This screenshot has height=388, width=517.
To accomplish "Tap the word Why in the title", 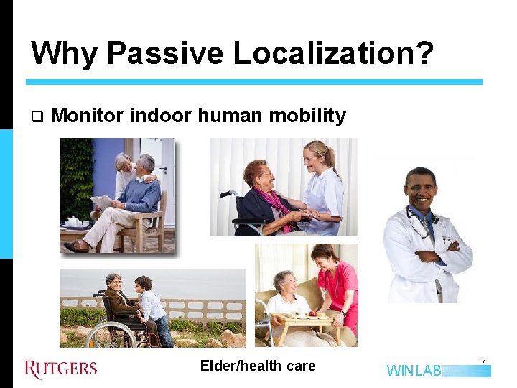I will tap(63, 53).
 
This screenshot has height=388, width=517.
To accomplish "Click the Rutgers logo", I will tap(61, 369).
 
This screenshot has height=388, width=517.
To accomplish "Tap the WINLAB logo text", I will tap(414, 371).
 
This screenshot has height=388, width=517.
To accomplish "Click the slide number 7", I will tap(483, 360).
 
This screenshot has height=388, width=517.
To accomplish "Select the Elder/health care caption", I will tap(258, 366).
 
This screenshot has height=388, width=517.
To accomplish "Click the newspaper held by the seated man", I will tap(103, 203).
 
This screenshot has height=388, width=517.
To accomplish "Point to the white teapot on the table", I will tap(74, 222).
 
